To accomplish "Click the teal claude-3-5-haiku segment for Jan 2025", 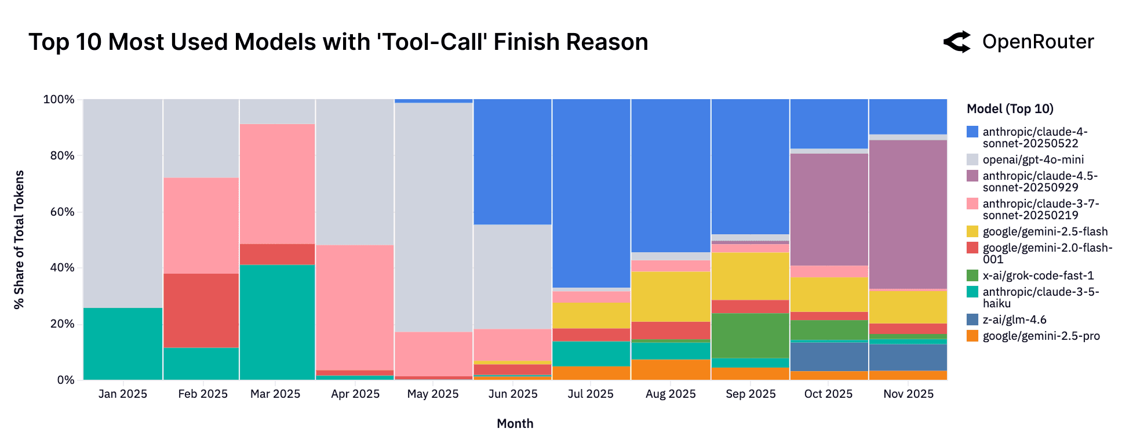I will point(123,343).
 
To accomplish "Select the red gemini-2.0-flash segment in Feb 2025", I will point(201,310).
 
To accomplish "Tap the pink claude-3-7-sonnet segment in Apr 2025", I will point(355,307).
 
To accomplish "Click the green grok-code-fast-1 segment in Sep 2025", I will point(750,335).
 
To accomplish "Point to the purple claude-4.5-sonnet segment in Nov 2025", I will point(908,214).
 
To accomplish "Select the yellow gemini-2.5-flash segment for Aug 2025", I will point(671,296).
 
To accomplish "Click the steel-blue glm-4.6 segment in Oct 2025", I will point(829,356).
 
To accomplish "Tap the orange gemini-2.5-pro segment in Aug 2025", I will point(671,369).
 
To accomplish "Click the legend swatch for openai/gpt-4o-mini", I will point(972,159).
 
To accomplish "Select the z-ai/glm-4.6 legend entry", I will point(1014,319).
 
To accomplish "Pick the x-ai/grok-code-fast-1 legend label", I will point(1038,275).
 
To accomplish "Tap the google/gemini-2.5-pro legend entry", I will point(1041,336).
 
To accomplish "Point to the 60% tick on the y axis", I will point(63,212).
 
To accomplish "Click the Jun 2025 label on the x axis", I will point(513,394).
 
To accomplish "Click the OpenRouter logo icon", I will point(957,42).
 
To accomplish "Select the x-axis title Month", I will point(515,423).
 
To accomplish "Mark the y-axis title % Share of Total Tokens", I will point(19,239).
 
